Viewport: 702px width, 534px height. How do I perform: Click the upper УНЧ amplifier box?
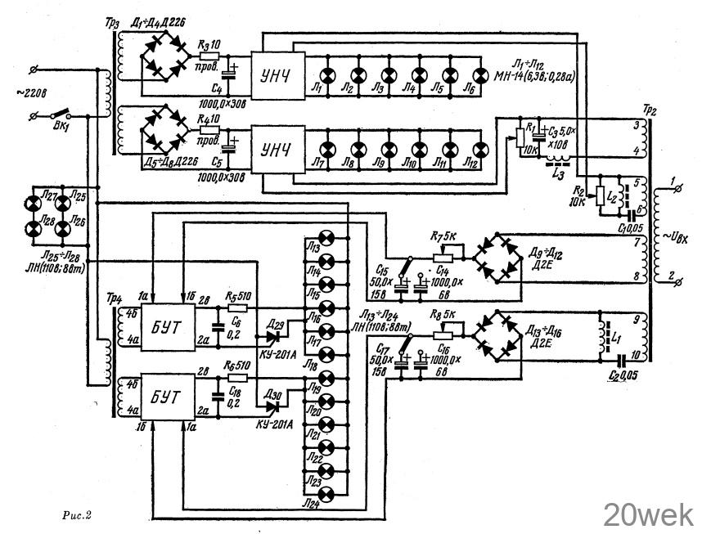[x=276, y=67]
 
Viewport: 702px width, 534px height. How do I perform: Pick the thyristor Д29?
[x=274, y=333]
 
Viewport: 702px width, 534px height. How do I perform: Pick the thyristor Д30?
[x=274, y=403]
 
